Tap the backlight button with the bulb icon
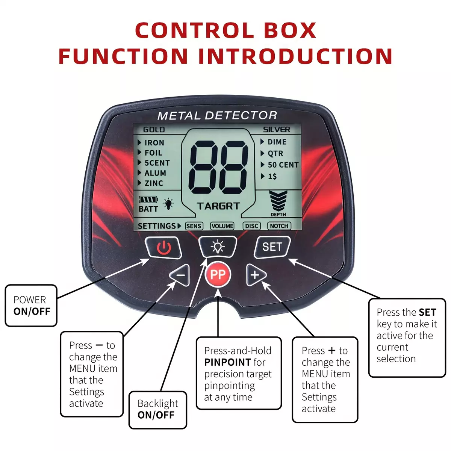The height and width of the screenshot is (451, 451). pos(218,247)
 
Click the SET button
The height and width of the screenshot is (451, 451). pos(272,247)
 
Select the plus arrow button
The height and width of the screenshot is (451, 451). pos(256,275)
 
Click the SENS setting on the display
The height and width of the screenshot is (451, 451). pos(194,226)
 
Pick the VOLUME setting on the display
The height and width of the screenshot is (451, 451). pos(222,226)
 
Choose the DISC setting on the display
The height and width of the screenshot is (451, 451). pos(251,226)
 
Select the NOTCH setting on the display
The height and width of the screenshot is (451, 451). pos(279,226)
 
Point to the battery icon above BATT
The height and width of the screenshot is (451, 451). pos(148,200)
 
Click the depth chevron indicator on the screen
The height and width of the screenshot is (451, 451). pos(278,200)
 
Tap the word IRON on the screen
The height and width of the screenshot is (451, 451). pos(154,143)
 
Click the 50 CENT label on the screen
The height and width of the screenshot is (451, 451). pos(283,165)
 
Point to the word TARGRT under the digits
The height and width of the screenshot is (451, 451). pos(218,206)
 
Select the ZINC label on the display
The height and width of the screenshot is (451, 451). pos(154,183)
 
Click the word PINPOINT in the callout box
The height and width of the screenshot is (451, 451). pos(227,362)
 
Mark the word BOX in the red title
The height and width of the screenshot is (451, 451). pos(290,30)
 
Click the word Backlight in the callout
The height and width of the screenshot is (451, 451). pos(158,404)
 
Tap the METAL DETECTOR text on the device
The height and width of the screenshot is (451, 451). pos(217,115)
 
